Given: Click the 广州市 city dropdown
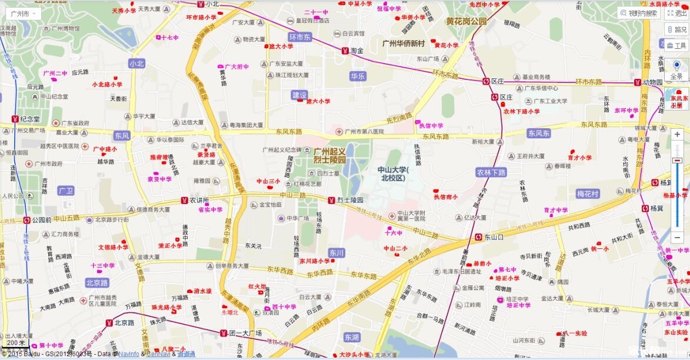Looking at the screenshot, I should [24, 13].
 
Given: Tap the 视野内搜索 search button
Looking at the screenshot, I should [639, 13].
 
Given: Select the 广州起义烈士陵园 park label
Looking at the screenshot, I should [329, 155].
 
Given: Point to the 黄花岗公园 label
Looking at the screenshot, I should [466, 21].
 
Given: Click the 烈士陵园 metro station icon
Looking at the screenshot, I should [332, 200].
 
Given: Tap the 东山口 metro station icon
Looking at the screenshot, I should [478, 237].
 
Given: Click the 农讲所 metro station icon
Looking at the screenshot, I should [184, 200].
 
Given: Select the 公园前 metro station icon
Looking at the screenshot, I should [26, 220].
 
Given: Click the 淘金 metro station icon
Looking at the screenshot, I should [345, 51].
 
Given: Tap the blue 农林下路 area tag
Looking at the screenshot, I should [491, 172].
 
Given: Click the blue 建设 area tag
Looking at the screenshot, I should [299, 95].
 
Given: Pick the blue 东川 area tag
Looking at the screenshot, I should [336, 252].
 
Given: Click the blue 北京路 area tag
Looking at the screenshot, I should [97, 282].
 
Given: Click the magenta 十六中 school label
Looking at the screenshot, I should [392, 233].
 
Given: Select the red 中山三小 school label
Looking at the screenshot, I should [268, 181].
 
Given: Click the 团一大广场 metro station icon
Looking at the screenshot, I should [224, 334].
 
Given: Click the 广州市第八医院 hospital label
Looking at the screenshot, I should [364, 131].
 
